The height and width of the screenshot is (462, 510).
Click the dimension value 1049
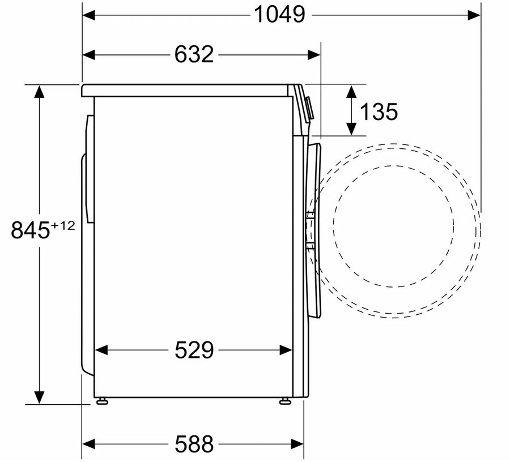pyautogui.click(x=279, y=15)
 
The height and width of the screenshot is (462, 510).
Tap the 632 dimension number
pyautogui.click(x=194, y=54)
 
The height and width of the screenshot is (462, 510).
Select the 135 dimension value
pyautogui.click(x=379, y=112)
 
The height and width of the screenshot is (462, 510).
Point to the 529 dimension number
pyautogui.click(x=194, y=350)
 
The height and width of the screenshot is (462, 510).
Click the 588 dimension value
pyautogui.click(x=194, y=444)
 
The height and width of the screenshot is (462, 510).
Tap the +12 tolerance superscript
pyautogui.click(x=63, y=225)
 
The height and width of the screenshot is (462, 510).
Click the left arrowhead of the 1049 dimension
pyautogui.click(x=89, y=15)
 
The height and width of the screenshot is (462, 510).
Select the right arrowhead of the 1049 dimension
pyautogui.click(x=474, y=15)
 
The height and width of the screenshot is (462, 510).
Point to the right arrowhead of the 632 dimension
pyautogui.click(x=314, y=54)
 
